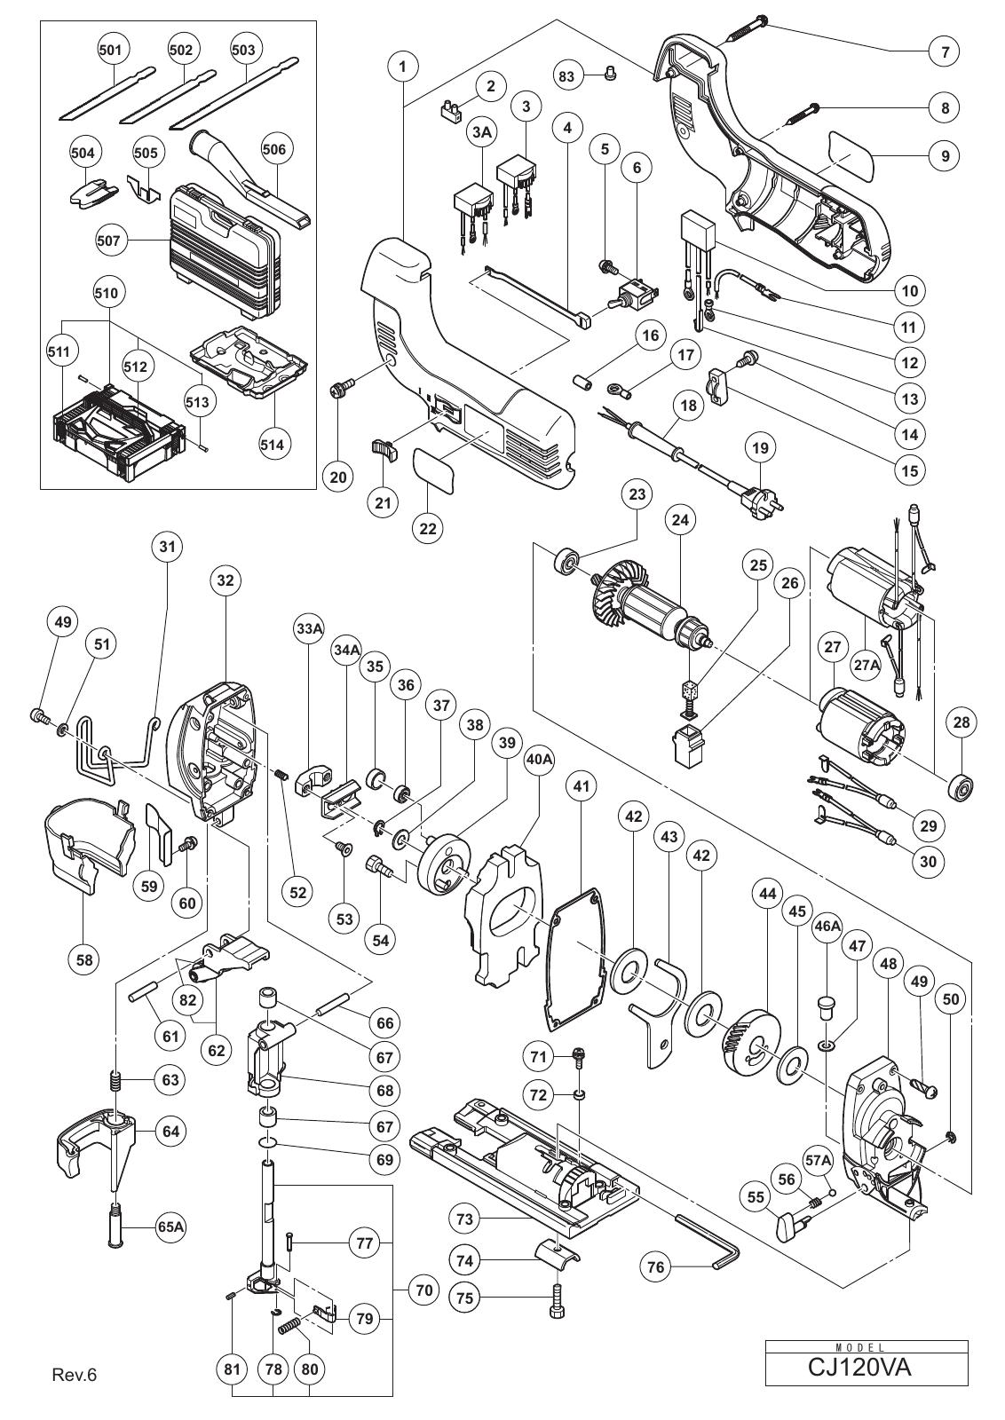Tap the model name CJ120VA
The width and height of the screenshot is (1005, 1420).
tap(867, 1368)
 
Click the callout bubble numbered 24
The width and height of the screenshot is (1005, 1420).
tap(680, 520)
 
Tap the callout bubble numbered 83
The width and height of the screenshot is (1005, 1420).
tap(566, 76)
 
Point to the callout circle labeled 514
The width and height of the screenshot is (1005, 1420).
tap(272, 445)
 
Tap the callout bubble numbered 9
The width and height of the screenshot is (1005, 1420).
tap(946, 156)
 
